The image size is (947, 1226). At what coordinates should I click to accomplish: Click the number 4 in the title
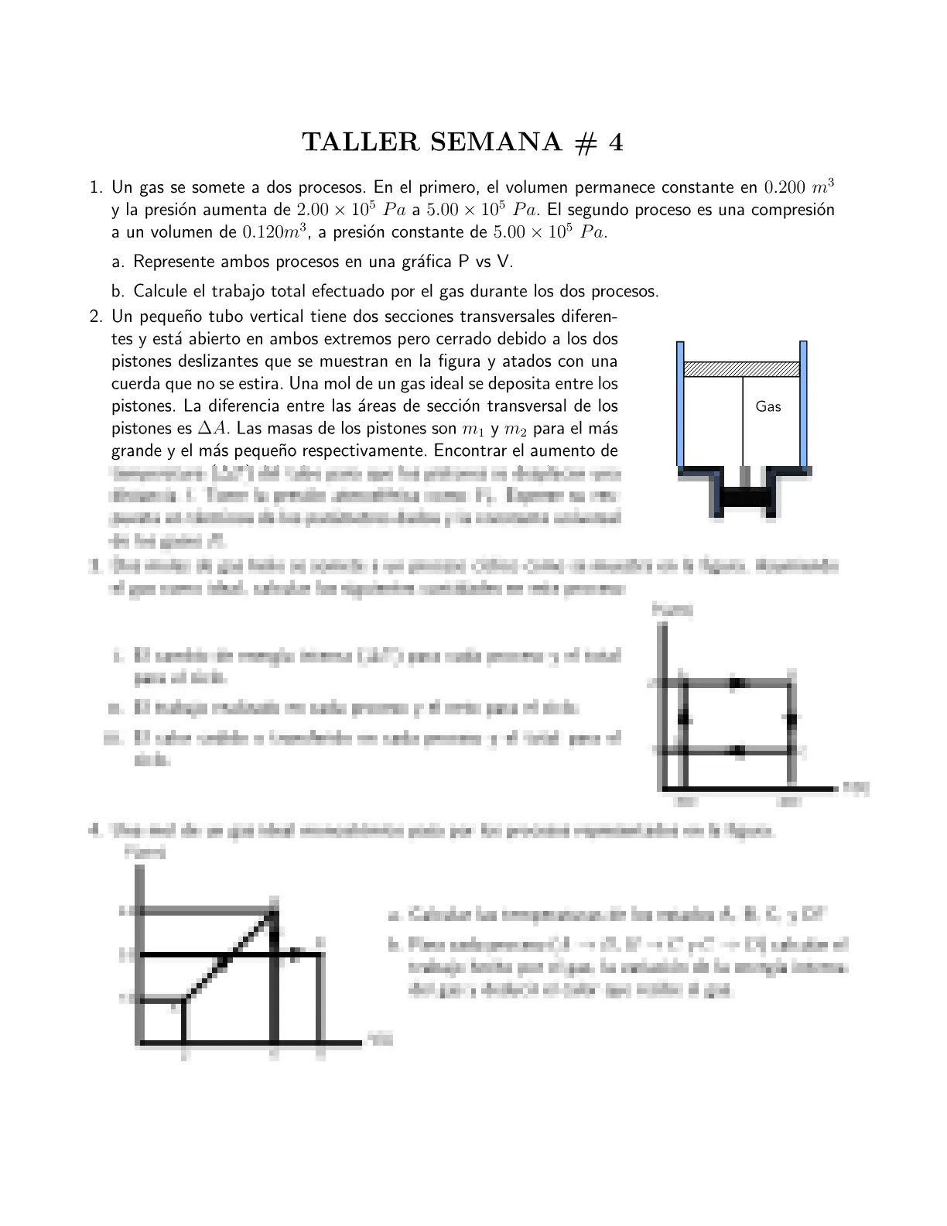(x=615, y=142)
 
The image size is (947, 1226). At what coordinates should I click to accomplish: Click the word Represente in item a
(x=173, y=262)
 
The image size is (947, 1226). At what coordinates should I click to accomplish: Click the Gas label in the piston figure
(x=768, y=406)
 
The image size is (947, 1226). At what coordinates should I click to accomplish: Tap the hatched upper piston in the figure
(x=742, y=369)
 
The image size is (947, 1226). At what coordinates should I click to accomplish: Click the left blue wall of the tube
(x=680, y=402)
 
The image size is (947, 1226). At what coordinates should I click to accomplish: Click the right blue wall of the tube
(x=804, y=402)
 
